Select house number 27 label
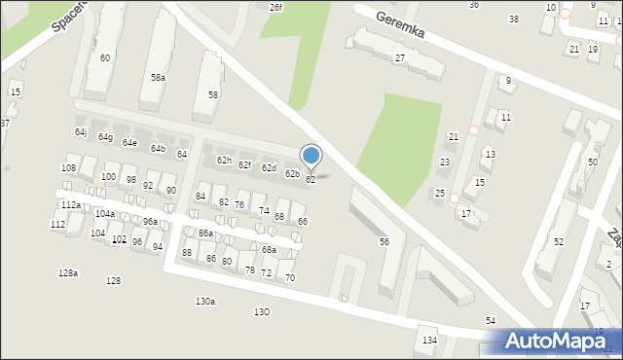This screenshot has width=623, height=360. (x=399, y=58)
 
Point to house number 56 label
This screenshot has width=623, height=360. (x=385, y=241)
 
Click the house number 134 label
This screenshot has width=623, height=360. (x=429, y=340)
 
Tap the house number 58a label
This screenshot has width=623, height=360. (x=158, y=77)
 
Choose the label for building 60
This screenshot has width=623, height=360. (x=104, y=58)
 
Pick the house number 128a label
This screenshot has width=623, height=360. (x=67, y=273)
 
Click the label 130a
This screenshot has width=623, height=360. (x=204, y=302)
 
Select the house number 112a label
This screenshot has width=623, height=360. (x=70, y=205)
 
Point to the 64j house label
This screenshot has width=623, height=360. (x=81, y=131)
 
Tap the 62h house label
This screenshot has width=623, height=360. (x=224, y=160)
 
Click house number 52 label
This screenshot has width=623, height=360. (x=558, y=241)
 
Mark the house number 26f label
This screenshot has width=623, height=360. (x=275, y=7)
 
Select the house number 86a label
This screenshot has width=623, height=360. (x=205, y=234)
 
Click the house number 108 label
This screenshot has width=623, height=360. (x=68, y=168)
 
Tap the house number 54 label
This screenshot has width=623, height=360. (x=491, y=320)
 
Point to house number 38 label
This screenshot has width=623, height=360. (x=514, y=18)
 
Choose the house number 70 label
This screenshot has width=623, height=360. (x=290, y=278)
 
